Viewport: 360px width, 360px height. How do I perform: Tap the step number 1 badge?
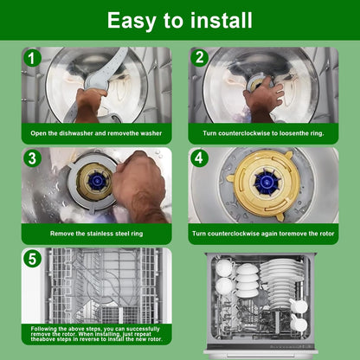(31, 58)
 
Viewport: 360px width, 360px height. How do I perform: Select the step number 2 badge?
(199, 57)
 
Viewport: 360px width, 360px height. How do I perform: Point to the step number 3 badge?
(32, 158)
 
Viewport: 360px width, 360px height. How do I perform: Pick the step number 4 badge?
(199, 158)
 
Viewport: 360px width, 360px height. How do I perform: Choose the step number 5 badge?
(32, 258)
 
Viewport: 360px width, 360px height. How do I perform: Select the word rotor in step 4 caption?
(326, 234)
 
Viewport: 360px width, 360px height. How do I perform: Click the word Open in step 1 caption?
(37, 133)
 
